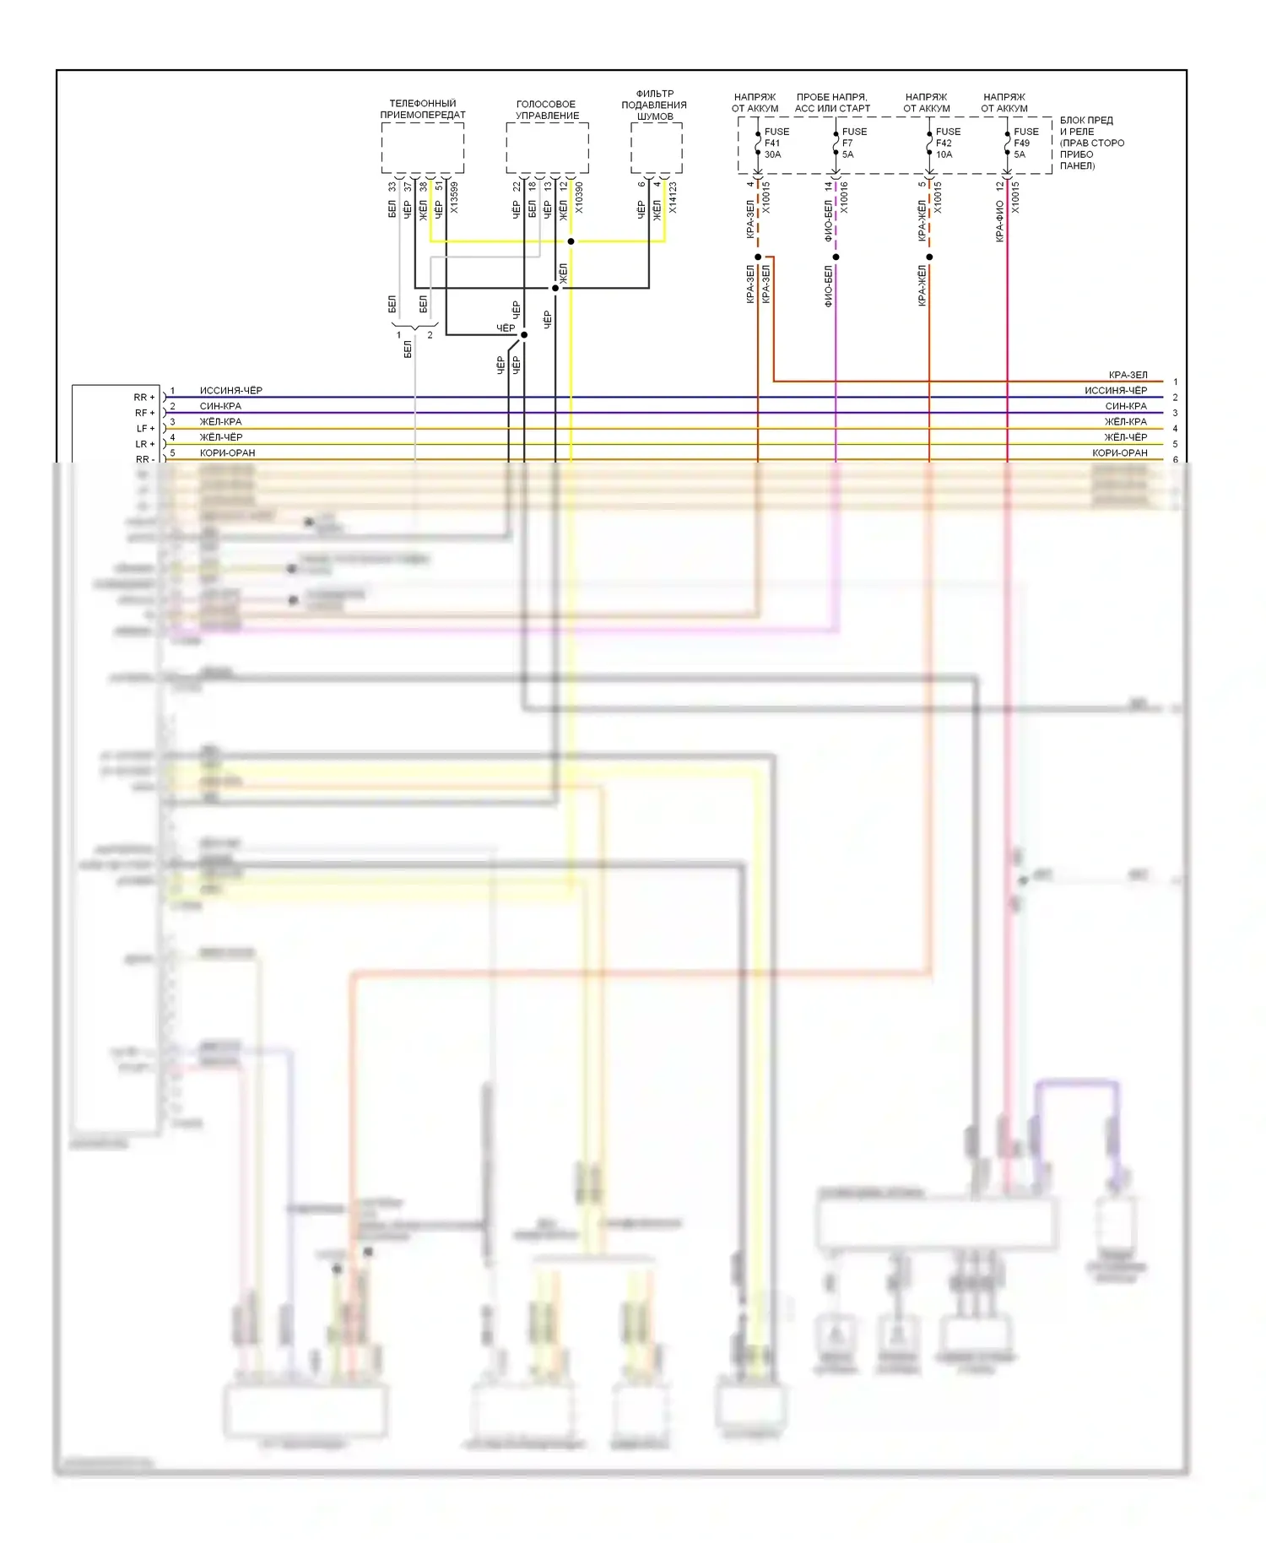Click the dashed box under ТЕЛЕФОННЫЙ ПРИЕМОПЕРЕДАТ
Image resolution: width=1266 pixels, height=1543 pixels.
(x=422, y=148)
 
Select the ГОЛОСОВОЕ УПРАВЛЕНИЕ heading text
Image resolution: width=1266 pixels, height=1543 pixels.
(x=547, y=110)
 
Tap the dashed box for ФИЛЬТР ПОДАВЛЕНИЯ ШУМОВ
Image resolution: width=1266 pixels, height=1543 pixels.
(x=656, y=148)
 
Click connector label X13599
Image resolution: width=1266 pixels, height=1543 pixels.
(x=454, y=198)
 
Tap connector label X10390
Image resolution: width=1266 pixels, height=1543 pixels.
(x=579, y=198)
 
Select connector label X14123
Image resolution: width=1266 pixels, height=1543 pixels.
(x=673, y=198)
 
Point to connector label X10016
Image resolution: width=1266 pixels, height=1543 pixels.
(x=844, y=198)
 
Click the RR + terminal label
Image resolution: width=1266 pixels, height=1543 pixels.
(x=144, y=398)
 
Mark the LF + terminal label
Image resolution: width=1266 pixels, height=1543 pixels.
(x=145, y=429)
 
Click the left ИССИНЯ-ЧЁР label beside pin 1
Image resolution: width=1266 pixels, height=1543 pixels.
(x=230, y=391)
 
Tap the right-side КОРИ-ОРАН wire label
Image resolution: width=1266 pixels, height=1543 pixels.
(x=1119, y=453)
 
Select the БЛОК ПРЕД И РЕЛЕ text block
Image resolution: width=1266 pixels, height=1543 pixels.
(x=1091, y=143)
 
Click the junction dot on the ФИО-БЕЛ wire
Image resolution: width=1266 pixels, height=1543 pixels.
(x=836, y=257)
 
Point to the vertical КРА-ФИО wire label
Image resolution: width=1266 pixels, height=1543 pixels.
(x=999, y=221)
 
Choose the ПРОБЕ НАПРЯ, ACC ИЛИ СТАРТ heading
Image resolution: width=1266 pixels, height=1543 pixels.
(x=831, y=103)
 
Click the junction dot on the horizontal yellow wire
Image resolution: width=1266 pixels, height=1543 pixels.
(x=571, y=241)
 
